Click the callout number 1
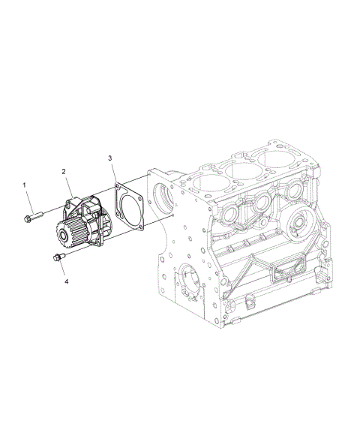(x=24, y=185)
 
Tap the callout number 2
(x=64, y=171)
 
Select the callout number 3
(x=110, y=158)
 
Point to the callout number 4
(x=67, y=281)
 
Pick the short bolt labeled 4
(x=59, y=257)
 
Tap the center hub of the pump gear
(x=62, y=236)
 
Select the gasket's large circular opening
(x=130, y=209)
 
